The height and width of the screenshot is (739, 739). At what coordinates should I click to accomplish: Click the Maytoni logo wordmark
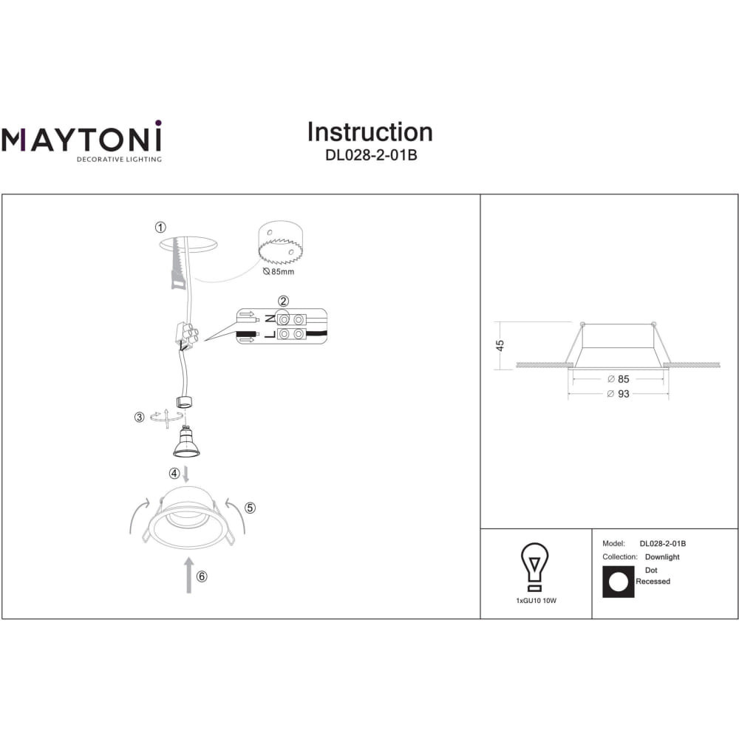(81, 137)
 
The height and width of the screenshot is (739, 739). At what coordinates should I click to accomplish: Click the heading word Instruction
(370, 132)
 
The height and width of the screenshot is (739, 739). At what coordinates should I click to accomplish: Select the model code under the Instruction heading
(371, 155)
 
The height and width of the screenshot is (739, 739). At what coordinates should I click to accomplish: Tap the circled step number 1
(160, 227)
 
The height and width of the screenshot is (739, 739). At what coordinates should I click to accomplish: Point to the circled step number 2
(283, 302)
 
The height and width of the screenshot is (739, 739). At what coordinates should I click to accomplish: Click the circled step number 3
(139, 417)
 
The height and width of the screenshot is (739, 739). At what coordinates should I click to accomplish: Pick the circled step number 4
(174, 473)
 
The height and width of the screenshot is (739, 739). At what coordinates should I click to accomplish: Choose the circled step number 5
(251, 508)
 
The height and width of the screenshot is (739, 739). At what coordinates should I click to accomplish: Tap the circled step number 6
(202, 576)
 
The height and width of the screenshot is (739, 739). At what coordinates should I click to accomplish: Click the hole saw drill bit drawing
(280, 243)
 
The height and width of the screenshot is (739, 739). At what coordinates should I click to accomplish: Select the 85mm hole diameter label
(279, 271)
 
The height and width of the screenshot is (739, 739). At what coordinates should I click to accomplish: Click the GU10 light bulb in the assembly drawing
(186, 442)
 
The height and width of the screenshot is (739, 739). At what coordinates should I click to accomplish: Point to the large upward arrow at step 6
(189, 575)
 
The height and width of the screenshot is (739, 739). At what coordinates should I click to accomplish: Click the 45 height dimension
(500, 345)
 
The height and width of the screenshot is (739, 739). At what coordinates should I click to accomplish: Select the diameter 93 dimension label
(619, 394)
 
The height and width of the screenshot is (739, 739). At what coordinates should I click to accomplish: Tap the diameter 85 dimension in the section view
(619, 379)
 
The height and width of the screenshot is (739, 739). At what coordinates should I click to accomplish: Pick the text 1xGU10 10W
(537, 601)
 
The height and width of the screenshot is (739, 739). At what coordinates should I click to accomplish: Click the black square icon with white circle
(619, 582)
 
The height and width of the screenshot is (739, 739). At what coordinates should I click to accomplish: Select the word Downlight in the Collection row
(662, 557)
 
